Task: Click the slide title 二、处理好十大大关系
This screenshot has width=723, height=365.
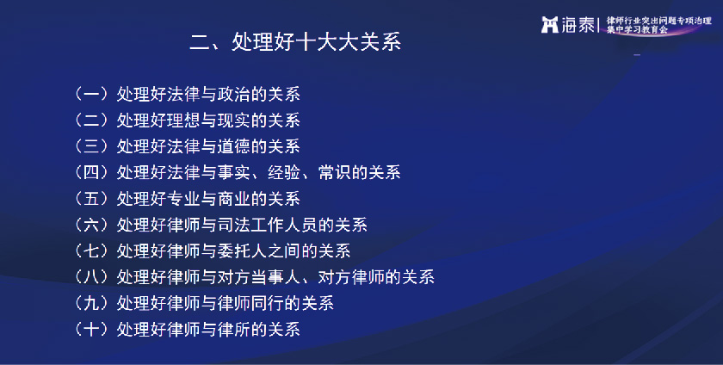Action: pyautogui.click(x=295, y=41)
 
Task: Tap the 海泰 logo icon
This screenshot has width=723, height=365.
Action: pyautogui.click(x=550, y=24)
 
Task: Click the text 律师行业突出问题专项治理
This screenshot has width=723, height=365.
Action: pyautogui.click(x=659, y=21)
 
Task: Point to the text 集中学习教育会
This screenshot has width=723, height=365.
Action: pyautogui.click(x=637, y=29)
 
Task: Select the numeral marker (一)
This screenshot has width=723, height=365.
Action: pyautogui.click(x=91, y=94)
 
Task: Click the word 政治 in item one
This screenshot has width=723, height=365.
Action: pyautogui.click(x=234, y=94)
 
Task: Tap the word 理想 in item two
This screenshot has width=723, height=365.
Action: pyautogui.click(x=183, y=121)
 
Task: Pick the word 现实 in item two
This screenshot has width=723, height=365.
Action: pyautogui.click(x=234, y=121)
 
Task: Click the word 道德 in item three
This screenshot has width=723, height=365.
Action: pyautogui.click(x=234, y=146)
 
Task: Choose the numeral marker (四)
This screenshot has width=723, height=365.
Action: pyautogui.click(x=91, y=172)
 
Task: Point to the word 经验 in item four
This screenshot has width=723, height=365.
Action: pyautogui.click(x=284, y=172)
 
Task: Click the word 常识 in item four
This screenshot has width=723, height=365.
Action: pyautogui.click(x=334, y=172)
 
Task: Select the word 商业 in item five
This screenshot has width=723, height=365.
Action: pyautogui.click(x=234, y=199)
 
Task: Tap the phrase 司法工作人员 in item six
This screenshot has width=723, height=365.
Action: pyautogui.click(x=268, y=225)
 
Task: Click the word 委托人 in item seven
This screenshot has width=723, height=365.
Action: pyautogui.click(x=242, y=251)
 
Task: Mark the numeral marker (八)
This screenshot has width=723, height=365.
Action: pyautogui.click(x=91, y=277)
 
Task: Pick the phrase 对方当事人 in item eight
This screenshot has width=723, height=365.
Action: pyautogui.click(x=259, y=277)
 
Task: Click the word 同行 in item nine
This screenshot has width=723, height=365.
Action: pyautogui.click(x=268, y=303)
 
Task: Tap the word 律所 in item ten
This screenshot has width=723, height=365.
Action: pyautogui.click(x=234, y=330)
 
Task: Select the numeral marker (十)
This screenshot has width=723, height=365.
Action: pyautogui.click(x=91, y=330)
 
